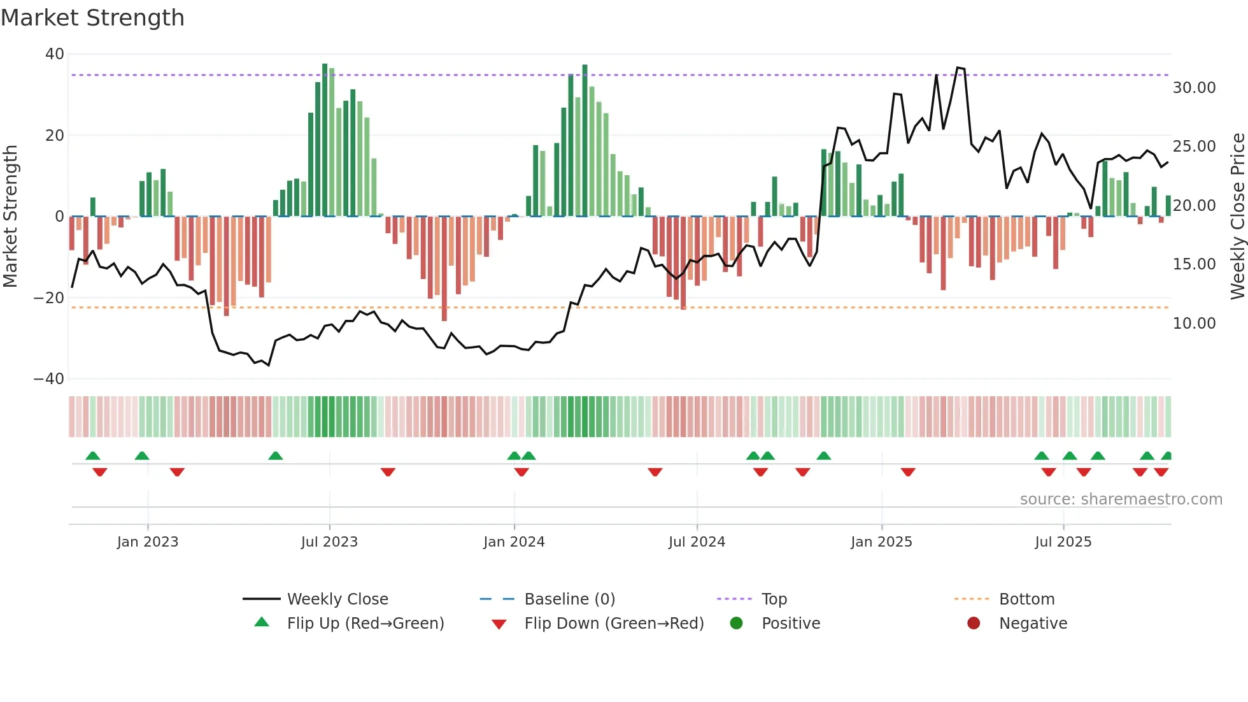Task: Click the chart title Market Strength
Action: (92, 18)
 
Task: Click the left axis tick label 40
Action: (55, 54)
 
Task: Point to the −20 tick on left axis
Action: (49, 298)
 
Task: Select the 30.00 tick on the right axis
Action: (1194, 88)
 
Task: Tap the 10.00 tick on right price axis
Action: (1194, 324)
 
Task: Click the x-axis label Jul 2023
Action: (329, 542)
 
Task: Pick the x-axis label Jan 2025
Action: (881, 542)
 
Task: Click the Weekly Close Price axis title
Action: (1237, 217)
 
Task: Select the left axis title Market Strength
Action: (10, 217)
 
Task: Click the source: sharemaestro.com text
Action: (1121, 499)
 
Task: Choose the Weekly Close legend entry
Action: (337, 599)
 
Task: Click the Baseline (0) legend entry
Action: (569, 599)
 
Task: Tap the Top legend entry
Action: (774, 599)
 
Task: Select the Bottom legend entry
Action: (1026, 599)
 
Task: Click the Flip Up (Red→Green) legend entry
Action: (365, 624)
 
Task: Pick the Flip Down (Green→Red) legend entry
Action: (614, 624)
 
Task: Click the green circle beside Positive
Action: (736, 624)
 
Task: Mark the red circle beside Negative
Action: (974, 624)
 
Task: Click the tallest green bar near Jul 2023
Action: (325, 140)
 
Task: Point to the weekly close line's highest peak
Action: (958, 68)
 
